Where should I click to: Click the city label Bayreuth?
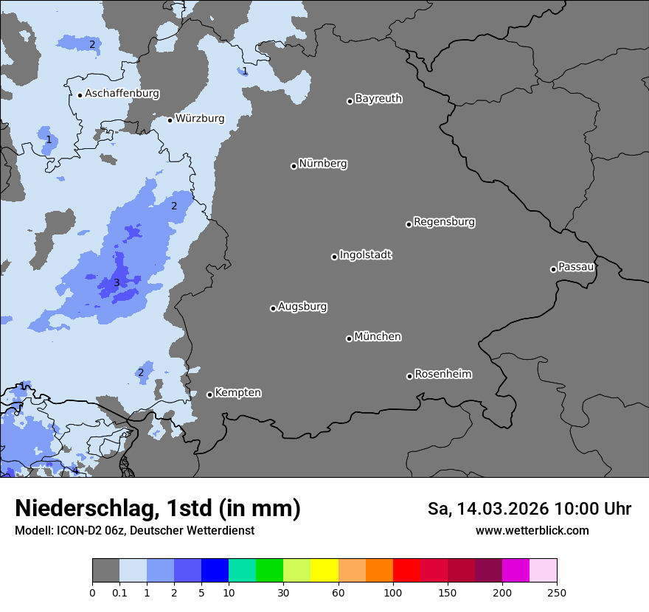point(378,99)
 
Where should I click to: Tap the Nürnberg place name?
point(322,164)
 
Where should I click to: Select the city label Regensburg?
point(444,222)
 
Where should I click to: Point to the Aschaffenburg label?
point(122,94)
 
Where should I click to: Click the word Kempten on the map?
point(237,393)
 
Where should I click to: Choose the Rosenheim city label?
point(442,375)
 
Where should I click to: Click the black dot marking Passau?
point(553,269)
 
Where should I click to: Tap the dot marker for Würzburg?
point(170,120)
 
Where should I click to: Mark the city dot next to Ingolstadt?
point(334,257)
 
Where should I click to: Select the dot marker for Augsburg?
point(273,308)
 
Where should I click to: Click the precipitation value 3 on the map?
point(117,283)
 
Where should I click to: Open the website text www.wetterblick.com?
point(532,531)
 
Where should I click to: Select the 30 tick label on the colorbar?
point(283,592)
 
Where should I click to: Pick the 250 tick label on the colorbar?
point(557,592)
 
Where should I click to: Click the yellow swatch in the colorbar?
point(324,571)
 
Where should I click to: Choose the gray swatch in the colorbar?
point(105,571)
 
